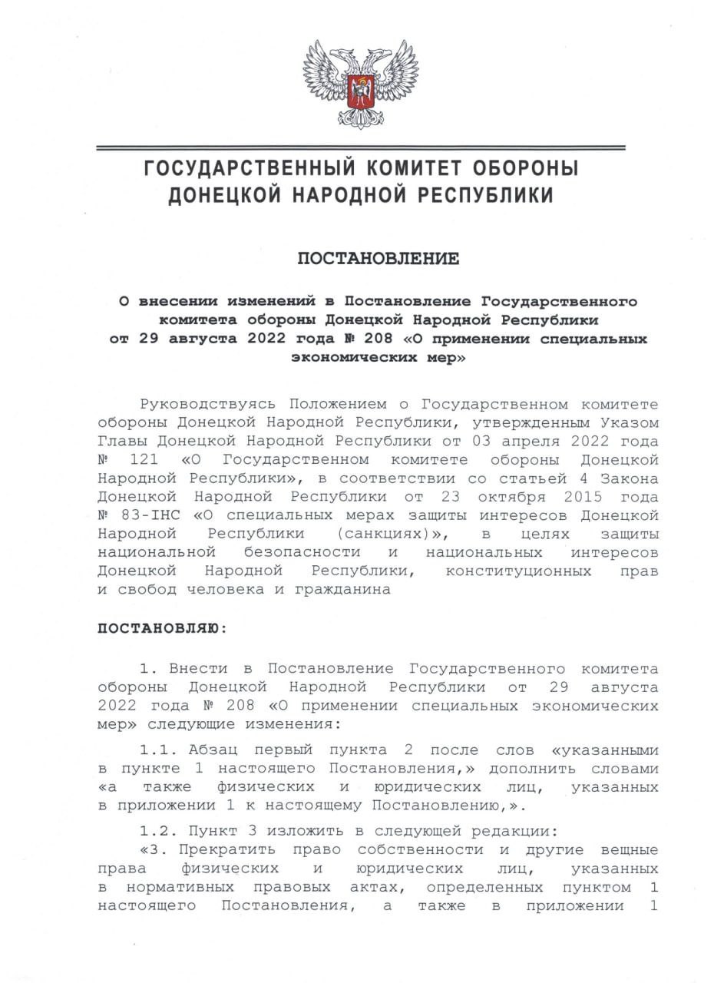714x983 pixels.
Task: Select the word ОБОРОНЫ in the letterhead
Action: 522,168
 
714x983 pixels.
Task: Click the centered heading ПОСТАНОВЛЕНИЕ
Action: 378,259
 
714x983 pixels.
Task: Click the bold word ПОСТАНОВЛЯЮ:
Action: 162,627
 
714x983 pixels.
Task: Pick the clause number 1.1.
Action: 158,750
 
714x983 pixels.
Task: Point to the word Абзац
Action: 212,750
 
